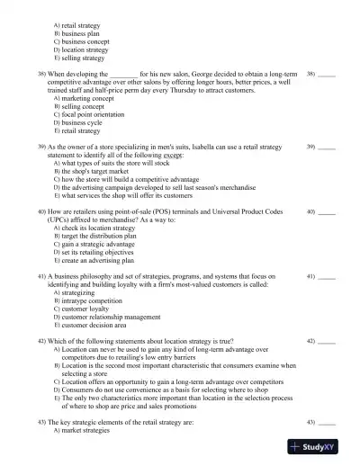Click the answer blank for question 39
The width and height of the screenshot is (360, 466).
[x=327, y=146]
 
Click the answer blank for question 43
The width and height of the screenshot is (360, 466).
[x=327, y=422]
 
